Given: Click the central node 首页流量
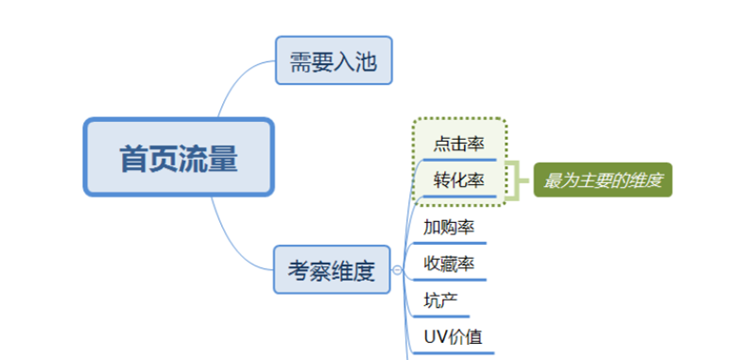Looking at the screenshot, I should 179,157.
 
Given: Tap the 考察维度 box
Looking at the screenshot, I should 331,271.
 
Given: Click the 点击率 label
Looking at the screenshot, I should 458,144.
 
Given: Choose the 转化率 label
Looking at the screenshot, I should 458,180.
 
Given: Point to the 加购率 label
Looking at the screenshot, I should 449,228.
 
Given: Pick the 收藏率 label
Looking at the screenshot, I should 449,264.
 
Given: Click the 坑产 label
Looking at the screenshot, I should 441,300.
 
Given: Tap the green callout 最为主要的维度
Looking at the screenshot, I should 603,179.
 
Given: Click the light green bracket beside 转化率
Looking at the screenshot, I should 516,180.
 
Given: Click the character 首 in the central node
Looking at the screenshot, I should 133,158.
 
